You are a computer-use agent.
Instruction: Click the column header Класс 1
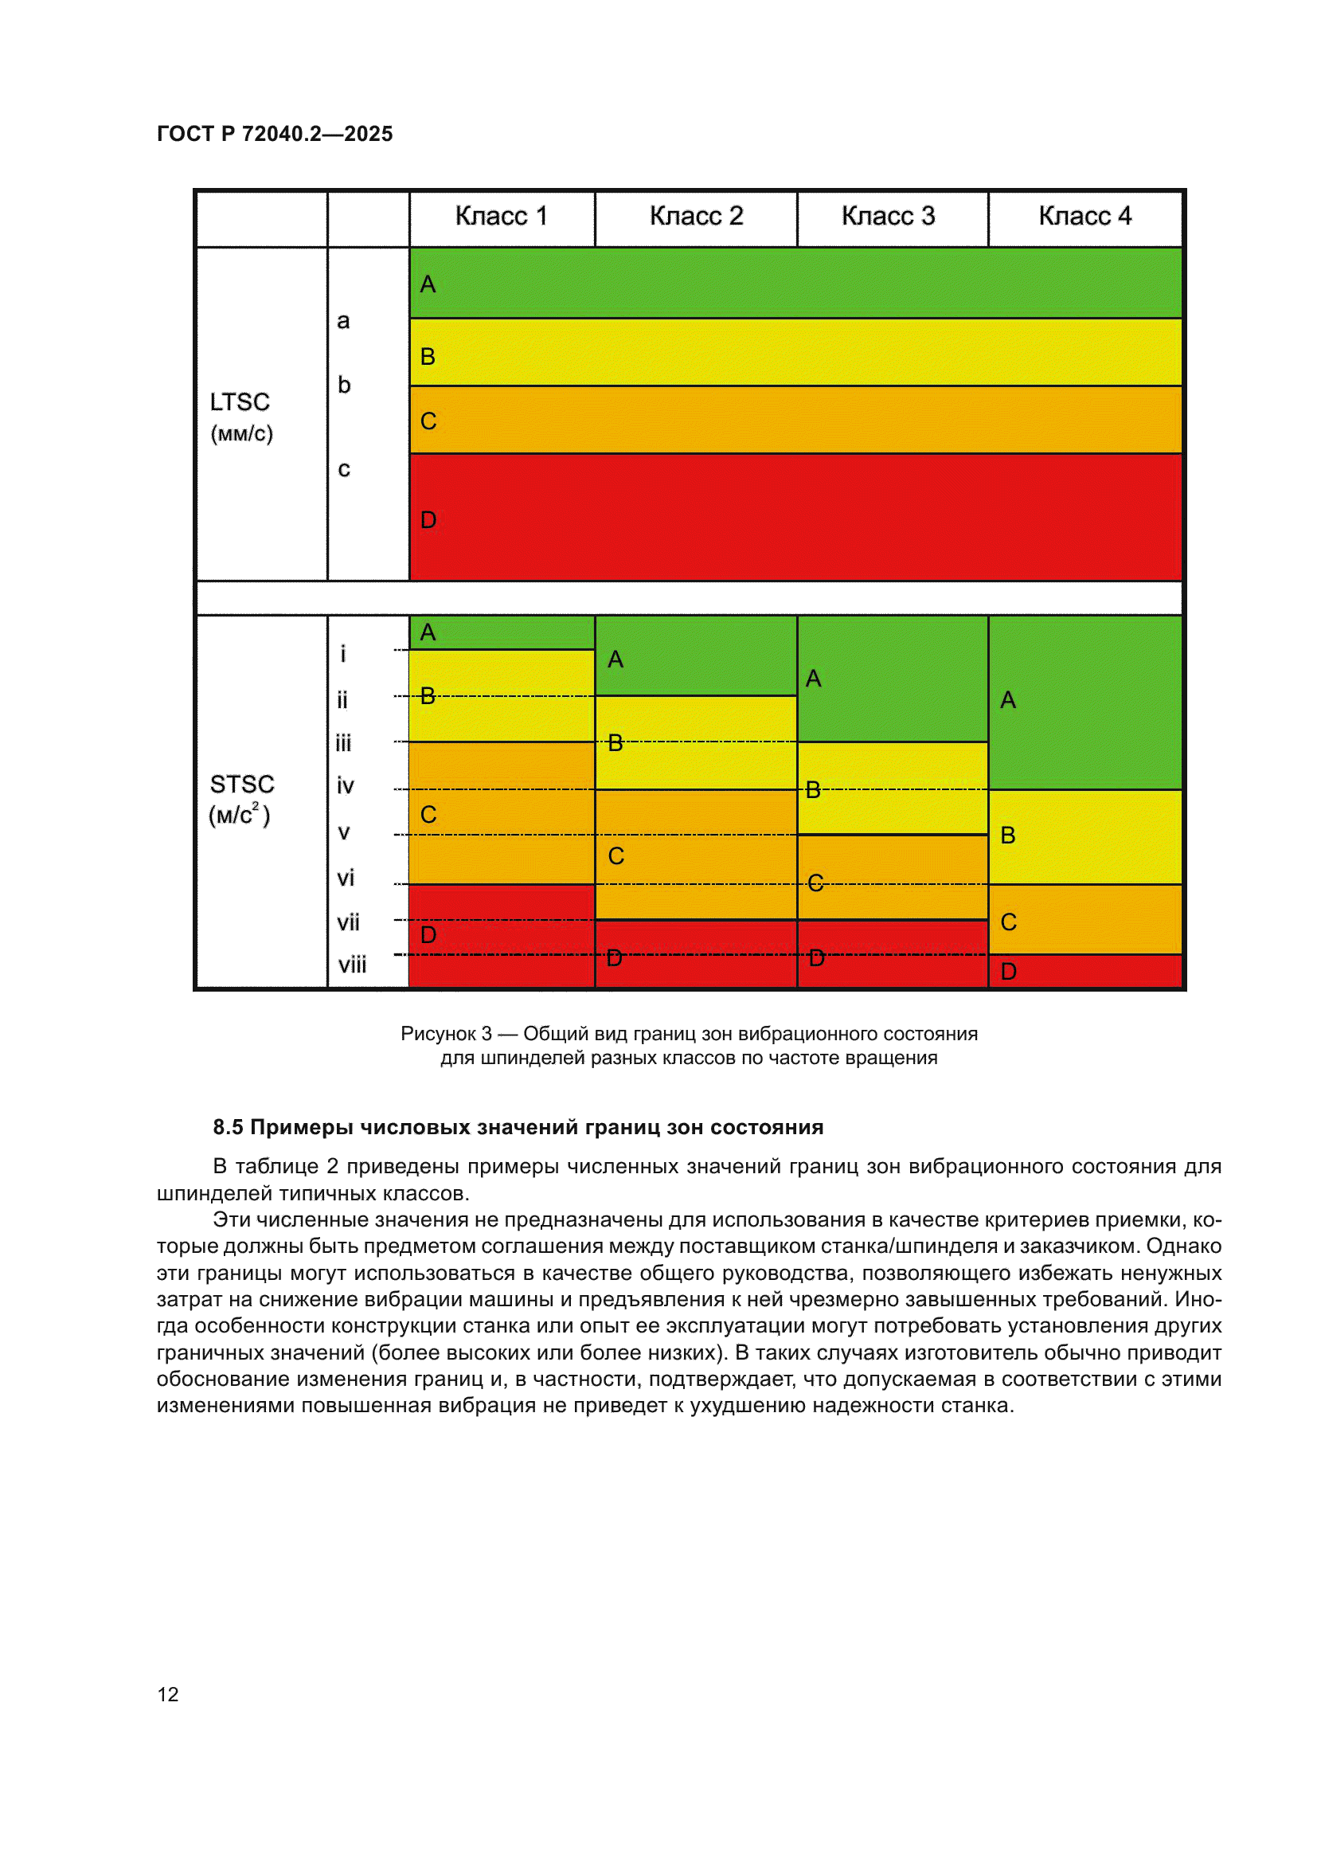pyautogui.click(x=501, y=217)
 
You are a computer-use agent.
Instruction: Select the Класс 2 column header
pyautogui.click(x=696, y=217)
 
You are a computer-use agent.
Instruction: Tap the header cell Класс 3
pyautogui.click(x=888, y=217)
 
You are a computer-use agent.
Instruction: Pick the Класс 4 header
pyautogui.click(x=1084, y=217)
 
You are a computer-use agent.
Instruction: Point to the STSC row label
pyautogui.click(x=242, y=785)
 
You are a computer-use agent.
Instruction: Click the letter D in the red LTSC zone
pyautogui.click(x=428, y=520)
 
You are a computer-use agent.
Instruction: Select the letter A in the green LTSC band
pyautogui.click(x=428, y=285)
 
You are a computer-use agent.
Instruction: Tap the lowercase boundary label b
pyautogui.click(x=345, y=385)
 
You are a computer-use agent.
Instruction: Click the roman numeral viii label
pyautogui.click(x=352, y=965)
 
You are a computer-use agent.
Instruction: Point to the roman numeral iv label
pyautogui.click(x=346, y=785)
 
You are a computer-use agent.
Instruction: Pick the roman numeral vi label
pyautogui.click(x=346, y=878)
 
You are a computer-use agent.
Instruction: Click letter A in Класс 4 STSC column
pyautogui.click(x=1008, y=700)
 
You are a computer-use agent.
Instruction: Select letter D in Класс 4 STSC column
pyautogui.click(x=1008, y=971)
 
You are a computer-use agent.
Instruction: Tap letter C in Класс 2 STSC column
pyautogui.click(x=616, y=857)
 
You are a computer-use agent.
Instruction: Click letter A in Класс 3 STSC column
pyautogui.click(x=814, y=679)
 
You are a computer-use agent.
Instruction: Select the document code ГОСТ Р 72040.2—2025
pyautogui.click(x=274, y=134)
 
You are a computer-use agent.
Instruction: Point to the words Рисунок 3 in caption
pyautogui.click(x=446, y=1034)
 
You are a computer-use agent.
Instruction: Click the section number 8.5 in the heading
pyautogui.click(x=228, y=1127)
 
